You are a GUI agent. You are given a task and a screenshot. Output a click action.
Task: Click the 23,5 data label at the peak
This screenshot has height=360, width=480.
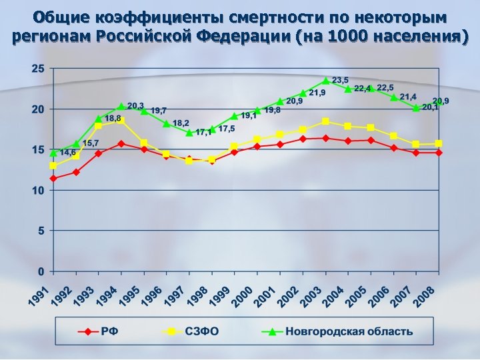341,80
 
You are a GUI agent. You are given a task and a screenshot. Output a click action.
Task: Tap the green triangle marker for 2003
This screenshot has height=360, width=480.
326,81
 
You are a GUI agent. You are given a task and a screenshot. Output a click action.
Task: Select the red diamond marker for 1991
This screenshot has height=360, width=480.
53,179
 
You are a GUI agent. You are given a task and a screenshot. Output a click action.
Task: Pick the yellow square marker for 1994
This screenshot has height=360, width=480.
121,121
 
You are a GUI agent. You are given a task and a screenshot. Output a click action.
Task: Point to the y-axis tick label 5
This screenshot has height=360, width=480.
41,231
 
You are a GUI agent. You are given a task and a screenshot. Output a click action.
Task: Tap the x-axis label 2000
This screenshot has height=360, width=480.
243,297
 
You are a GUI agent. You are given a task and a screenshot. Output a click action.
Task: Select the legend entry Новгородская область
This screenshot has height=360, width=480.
350,331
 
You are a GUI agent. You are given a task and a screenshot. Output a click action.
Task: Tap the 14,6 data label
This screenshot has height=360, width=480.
68,152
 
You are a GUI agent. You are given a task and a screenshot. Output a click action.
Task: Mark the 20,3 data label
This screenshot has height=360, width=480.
135,105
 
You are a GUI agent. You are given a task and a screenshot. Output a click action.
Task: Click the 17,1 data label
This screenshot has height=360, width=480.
203,132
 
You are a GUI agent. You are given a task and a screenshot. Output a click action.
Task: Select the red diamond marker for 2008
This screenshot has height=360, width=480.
438,153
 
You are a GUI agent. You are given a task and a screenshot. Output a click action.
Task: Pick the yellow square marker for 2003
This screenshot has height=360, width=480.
325,121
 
